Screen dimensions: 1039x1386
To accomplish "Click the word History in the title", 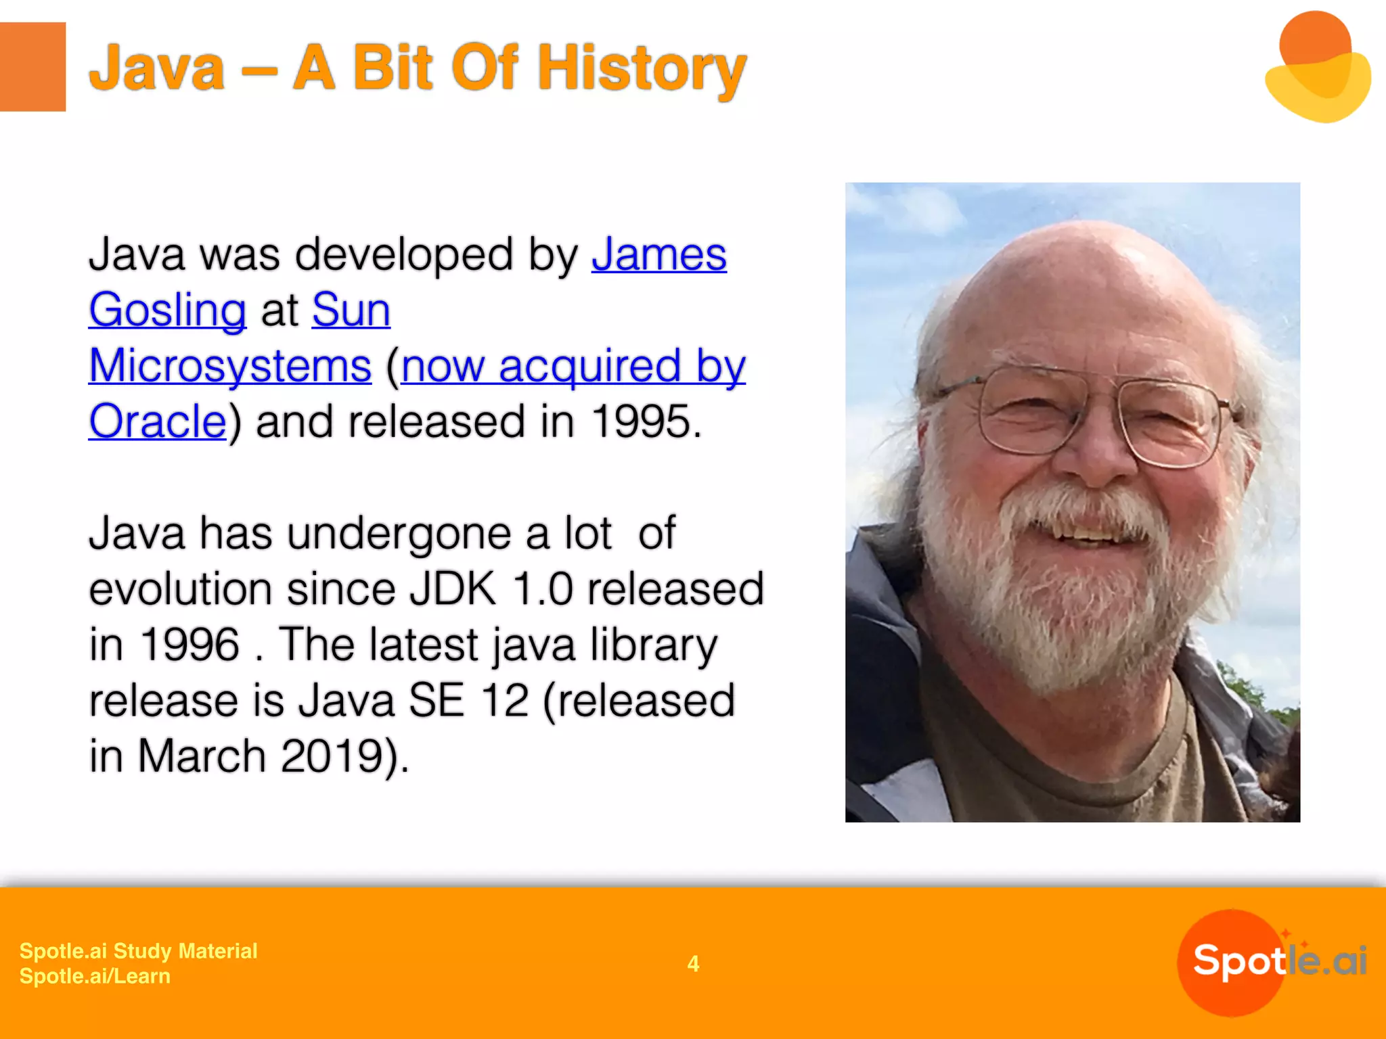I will (x=642, y=68).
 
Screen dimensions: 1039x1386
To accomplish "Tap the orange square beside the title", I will (x=32, y=66).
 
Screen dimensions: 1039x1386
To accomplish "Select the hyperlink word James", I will (x=658, y=255).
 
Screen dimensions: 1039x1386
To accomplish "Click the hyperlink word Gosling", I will (x=167, y=310).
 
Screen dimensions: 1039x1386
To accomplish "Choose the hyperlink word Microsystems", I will (x=230, y=366).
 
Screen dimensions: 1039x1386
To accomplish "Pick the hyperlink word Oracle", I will (x=157, y=421).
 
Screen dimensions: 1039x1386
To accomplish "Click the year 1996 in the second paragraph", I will (x=189, y=644).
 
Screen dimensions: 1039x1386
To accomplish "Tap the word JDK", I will (x=453, y=588).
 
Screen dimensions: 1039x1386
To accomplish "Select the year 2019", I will (x=332, y=756).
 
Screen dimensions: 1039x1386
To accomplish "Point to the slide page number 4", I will (x=693, y=963).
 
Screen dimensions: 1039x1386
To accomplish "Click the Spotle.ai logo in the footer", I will (x=1272, y=961).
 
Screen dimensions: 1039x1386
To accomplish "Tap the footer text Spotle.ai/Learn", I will (x=95, y=976).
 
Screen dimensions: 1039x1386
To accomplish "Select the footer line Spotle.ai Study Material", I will (x=138, y=951).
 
